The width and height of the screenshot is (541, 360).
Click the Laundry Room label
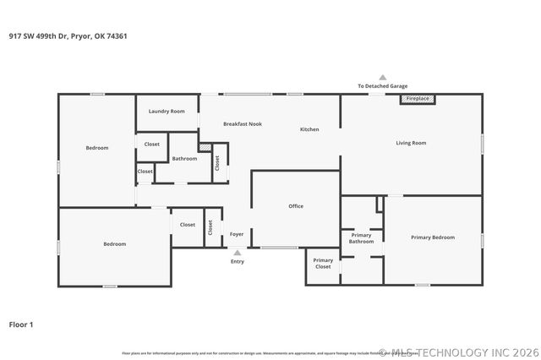pos(167,112)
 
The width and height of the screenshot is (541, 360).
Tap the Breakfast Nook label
pos(243,124)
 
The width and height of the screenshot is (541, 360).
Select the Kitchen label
pos(309,129)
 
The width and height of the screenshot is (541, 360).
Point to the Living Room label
pos(411,143)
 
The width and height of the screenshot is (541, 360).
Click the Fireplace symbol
pos(418,99)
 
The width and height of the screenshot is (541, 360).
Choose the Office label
pos(296,206)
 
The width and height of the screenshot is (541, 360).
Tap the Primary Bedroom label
pos(433,237)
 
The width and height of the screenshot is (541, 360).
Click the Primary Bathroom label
pos(362,238)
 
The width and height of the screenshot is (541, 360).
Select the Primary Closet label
pos(323,263)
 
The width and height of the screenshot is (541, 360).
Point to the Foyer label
pos(238,234)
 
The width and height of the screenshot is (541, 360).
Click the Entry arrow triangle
pos(238,252)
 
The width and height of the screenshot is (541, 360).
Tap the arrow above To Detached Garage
pos(382,77)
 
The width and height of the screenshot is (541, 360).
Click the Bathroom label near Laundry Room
pos(184,158)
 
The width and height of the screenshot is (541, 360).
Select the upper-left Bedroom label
pos(97,148)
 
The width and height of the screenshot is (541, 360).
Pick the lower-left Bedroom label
pos(115,244)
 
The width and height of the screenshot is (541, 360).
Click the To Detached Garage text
pos(382,86)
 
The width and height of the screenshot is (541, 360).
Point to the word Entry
pos(238,261)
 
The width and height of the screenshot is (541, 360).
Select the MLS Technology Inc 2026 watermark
pos(458,352)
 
